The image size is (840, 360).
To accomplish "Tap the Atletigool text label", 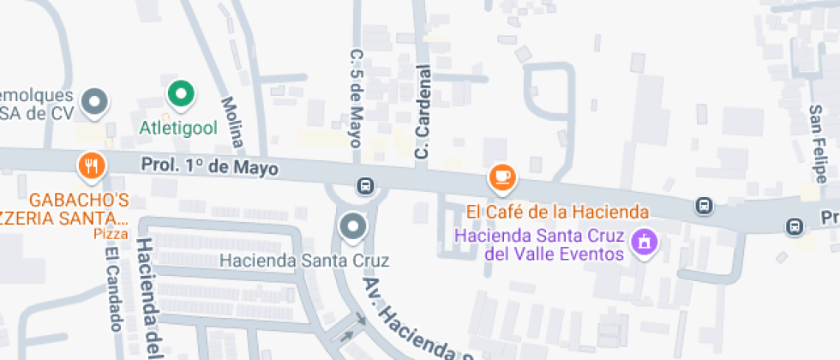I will (179, 129).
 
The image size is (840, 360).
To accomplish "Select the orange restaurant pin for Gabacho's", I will (91, 165).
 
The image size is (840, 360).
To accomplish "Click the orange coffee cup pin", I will (502, 177).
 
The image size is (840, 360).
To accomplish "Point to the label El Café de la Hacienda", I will (556, 211).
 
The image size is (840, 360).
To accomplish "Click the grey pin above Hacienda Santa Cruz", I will (352, 227).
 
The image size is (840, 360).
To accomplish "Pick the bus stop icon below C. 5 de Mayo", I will (365, 185).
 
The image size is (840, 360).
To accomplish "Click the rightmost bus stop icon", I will (794, 226).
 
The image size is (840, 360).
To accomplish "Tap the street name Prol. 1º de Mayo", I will (210, 166).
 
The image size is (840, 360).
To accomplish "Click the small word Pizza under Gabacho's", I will (111, 233).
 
